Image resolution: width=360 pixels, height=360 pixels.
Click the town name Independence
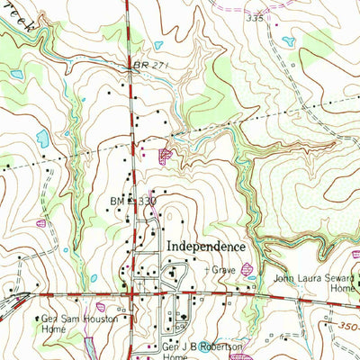coord(204,246)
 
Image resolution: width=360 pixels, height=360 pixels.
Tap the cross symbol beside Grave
coord(208,268)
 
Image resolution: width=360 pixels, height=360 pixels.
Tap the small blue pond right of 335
coord(289,40)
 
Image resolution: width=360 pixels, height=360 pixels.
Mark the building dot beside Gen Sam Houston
coord(40,318)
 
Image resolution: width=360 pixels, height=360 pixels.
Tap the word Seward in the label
coord(331,277)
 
